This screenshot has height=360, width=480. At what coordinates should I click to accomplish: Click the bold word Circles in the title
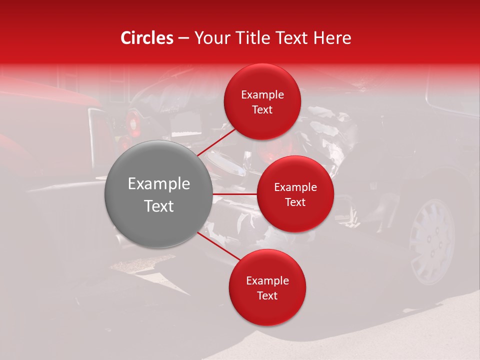(147, 38)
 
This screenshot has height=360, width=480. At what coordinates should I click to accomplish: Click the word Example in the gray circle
(158, 184)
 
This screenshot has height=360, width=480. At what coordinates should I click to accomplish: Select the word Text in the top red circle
(262, 109)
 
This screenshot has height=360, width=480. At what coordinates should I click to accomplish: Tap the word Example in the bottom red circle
(267, 281)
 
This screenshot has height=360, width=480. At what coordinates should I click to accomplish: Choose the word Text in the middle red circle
(295, 202)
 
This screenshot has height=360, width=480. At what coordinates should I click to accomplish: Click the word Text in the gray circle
(158, 206)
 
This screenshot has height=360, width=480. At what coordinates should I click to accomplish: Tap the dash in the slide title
(183, 38)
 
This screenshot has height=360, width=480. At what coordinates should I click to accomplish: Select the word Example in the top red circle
(262, 95)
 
